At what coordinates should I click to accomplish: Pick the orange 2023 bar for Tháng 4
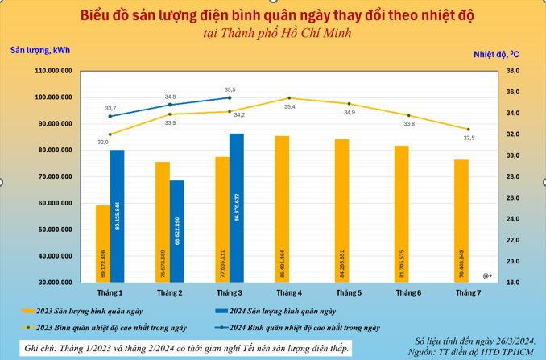click(282, 209)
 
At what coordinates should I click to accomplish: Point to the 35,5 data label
click(230, 89)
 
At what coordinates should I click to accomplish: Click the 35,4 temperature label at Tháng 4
click(289, 106)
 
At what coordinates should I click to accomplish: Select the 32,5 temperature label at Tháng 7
click(469, 138)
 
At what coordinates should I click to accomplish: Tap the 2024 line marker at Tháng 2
click(170, 105)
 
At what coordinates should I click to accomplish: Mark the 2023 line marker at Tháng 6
click(408, 115)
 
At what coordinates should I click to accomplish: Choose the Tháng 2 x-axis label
click(169, 292)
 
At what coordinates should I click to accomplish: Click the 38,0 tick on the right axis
click(515, 71)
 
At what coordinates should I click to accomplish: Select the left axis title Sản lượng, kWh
click(39, 50)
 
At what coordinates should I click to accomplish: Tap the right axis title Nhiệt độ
click(495, 54)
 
